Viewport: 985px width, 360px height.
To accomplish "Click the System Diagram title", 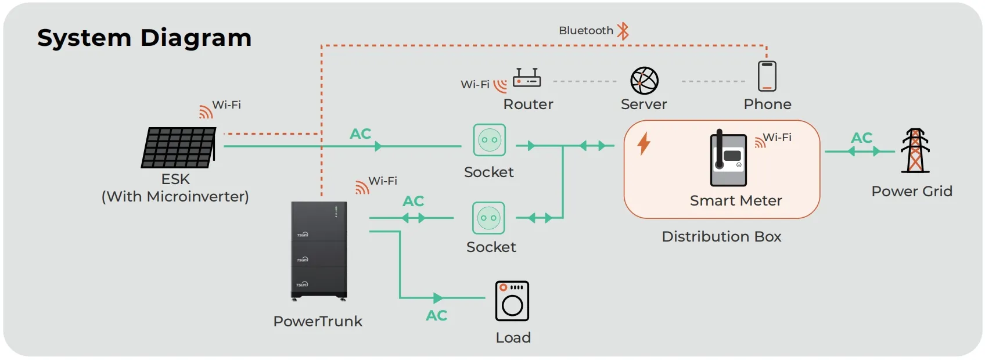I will [x=144, y=38].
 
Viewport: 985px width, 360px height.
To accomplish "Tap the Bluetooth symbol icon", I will [x=623, y=31].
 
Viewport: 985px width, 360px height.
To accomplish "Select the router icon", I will [x=527, y=78].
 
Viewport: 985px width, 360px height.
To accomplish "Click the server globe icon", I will [x=644, y=80].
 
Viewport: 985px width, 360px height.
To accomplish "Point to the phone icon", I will [x=767, y=76].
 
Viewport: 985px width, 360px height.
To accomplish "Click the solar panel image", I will [x=179, y=147].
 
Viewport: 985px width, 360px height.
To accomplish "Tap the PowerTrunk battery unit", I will [x=319, y=251].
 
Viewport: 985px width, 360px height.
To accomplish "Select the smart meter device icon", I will [x=728, y=158].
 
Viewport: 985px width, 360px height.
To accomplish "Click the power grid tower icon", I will [x=915, y=151].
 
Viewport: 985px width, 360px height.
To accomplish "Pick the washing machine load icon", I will [x=512, y=301].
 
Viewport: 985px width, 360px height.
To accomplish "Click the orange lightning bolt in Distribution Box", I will [x=644, y=143].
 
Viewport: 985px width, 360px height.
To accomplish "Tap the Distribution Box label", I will [x=721, y=237].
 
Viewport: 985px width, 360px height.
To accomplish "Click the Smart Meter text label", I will [x=736, y=201].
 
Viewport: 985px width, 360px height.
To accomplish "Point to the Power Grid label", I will [x=912, y=192].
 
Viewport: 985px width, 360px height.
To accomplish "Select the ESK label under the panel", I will [x=175, y=179].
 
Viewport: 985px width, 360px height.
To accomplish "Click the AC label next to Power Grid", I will [x=862, y=138].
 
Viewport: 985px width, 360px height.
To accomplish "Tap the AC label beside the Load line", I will [x=437, y=316].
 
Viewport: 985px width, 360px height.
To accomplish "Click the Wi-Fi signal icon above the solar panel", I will [x=206, y=111].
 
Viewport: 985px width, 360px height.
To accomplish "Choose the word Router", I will [x=528, y=105].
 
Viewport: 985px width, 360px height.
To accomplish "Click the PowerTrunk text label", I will [x=318, y=322].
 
